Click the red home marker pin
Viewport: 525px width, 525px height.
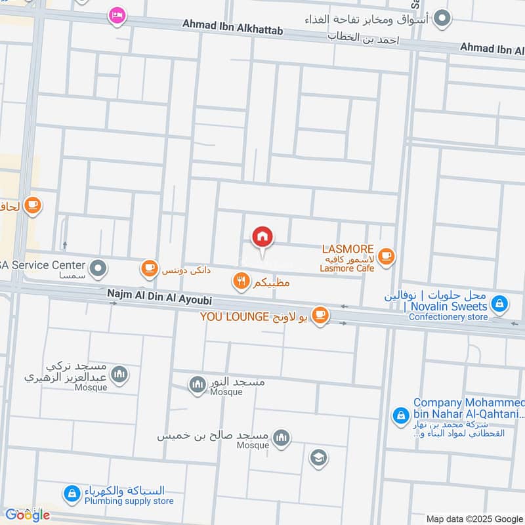262,237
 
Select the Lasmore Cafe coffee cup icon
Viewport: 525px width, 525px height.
387,256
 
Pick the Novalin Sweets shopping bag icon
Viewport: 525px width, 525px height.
500,303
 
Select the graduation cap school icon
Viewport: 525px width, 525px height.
319,458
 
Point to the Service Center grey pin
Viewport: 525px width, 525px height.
98,267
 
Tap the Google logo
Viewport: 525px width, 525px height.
28,515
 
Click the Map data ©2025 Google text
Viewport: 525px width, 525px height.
474,518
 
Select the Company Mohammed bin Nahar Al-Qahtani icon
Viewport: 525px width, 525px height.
400,415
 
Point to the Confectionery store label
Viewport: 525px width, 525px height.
448,317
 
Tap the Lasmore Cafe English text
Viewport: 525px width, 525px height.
346,268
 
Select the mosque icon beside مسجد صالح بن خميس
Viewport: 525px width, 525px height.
282,438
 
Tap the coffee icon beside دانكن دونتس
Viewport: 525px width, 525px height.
150,267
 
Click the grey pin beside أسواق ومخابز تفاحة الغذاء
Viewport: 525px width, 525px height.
444,18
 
